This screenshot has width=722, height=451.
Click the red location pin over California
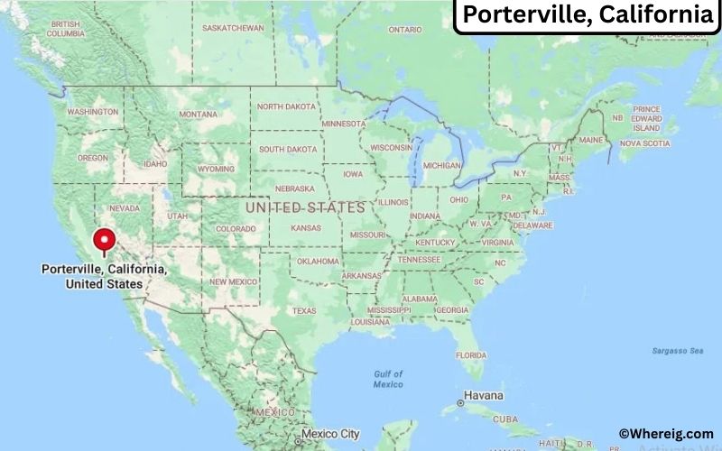[106, 241]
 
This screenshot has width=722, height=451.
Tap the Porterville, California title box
[587, 15]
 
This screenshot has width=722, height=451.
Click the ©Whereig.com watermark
[665, 434]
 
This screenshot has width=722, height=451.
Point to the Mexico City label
[331, 434]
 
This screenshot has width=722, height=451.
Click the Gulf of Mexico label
[388, 379]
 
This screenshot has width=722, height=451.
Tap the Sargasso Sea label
[678, 350]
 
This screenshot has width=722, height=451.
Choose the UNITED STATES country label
[305, 207]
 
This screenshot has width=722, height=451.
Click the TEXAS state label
[304, 311]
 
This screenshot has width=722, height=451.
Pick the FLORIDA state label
[470, 355]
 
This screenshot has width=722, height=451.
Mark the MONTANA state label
[198, 115]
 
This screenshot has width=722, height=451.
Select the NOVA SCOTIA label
[644, 143]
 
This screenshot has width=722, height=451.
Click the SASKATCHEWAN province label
[233, 28]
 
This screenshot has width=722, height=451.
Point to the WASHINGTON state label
[92, 112]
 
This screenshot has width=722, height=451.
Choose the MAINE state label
[591, 141]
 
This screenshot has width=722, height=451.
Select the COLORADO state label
[235, 229]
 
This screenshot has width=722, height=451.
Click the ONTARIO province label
[405, 29]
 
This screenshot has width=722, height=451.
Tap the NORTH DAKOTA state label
[286, 106]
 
